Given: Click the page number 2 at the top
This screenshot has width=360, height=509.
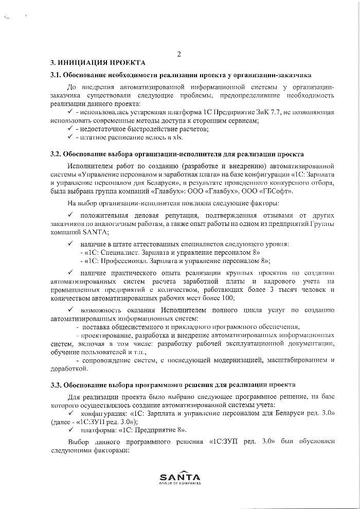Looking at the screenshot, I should [179, 54].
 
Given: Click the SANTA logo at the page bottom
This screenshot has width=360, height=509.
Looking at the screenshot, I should [180, 478].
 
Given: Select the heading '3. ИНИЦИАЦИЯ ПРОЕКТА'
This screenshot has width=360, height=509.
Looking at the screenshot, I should [98, 63].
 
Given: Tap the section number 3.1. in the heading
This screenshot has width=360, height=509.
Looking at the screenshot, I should [56, 75].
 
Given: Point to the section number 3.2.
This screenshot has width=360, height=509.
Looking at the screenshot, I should [56, 154].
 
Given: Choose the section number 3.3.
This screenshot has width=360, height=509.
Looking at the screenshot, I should [56, 384].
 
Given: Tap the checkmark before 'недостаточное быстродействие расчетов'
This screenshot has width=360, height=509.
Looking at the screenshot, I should [70, 129].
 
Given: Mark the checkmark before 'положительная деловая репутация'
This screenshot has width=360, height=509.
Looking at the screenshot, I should [70, 214].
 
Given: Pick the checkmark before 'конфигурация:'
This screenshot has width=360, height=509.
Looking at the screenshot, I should [70, 413].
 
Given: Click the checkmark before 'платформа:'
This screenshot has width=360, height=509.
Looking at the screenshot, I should [70, 430].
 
